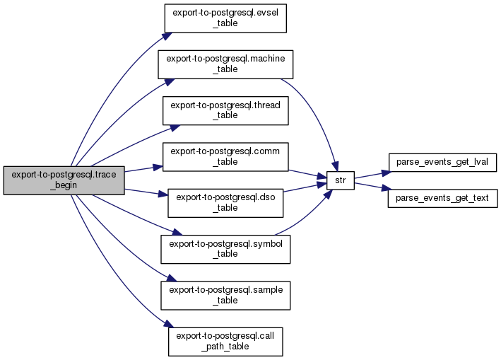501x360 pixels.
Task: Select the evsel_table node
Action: point(225,18)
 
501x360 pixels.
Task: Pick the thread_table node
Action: point(225,110)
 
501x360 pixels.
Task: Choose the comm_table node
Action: point(225,156)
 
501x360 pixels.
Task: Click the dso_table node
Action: point(225,202)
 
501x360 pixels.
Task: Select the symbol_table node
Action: point(225,248)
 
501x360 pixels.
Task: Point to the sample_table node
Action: point(225,295)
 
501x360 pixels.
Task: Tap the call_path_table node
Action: point(225,341)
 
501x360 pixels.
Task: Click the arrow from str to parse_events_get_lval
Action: point(371,174)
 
